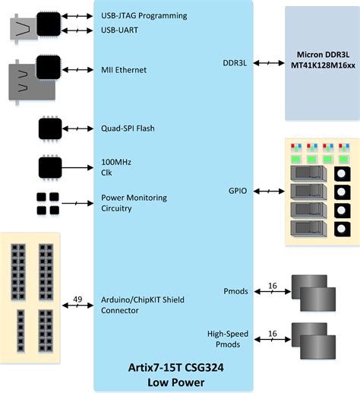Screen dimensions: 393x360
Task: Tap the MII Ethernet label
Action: [x=124, y=70]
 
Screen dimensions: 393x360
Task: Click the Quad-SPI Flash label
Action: [x=128, y=128]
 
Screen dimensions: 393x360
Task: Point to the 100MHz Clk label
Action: [x=116, y=167]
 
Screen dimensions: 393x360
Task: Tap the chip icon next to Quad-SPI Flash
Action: [x=50, y=128]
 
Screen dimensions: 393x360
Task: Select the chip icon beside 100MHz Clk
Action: [x=50, y=166]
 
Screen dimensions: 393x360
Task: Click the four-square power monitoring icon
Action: [x=47, y=202]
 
